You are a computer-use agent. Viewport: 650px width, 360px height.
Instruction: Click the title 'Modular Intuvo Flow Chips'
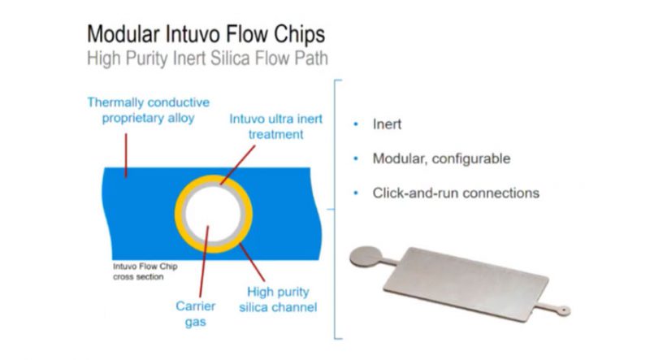[206, 34]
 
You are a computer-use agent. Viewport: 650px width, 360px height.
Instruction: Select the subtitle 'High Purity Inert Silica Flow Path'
[207, 58]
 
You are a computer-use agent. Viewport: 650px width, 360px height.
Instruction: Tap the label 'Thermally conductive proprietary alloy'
[149, 110]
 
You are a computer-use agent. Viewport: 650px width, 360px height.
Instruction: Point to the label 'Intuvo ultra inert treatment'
[275, 127]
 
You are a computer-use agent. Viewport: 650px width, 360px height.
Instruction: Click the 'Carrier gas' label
[195, 314]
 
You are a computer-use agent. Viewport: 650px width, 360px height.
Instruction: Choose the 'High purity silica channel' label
[278, 299]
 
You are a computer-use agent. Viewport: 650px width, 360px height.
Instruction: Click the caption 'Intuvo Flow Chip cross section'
[145, 271]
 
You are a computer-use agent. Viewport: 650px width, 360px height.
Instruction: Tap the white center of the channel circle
[213, 214]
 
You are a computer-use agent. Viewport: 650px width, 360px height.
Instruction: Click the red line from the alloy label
[126, 155]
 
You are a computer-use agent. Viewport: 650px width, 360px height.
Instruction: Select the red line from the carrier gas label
[204, 262]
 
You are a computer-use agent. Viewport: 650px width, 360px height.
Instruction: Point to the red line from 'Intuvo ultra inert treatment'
[237, 165]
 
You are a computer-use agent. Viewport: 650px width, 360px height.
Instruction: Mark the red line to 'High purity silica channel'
[252, 262]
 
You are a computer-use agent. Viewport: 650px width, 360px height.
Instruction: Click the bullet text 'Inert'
[387, 124]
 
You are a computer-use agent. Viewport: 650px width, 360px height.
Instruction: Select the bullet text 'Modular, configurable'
[441, 158]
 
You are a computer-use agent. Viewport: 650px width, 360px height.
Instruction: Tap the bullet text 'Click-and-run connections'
[456, 193]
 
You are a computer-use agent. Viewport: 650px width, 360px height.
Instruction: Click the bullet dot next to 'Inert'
[356, 124]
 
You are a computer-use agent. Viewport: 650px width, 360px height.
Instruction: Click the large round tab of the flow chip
[366, 257]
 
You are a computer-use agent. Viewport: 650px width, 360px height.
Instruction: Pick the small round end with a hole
[563, 310]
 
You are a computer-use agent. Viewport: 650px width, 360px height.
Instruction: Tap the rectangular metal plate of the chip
[466, 284]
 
